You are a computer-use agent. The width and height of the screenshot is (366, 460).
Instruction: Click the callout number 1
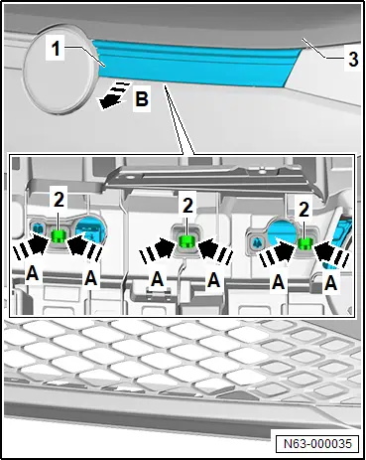(57, 49)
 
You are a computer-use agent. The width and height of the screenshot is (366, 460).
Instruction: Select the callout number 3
(353, 60)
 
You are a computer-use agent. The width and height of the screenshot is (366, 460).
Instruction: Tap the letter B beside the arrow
(142, 98)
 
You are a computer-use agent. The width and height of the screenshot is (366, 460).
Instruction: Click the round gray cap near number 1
(59, 70)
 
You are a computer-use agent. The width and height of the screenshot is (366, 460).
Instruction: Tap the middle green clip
(186, 240)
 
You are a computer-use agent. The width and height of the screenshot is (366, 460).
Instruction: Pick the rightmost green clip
(305, 243)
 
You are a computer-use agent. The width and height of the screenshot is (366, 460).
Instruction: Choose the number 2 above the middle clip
(186, 206)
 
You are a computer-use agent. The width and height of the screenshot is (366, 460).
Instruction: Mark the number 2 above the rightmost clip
(304, 209)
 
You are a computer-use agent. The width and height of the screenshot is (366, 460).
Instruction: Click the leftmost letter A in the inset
(32, 273)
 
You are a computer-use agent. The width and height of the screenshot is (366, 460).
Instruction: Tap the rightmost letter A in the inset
(330, 283)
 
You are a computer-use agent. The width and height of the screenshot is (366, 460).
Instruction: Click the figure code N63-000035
(317, 443)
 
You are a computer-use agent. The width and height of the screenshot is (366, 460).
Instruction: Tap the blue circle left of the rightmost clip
(284, 235)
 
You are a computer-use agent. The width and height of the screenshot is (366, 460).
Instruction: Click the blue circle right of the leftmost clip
(90, 230)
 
